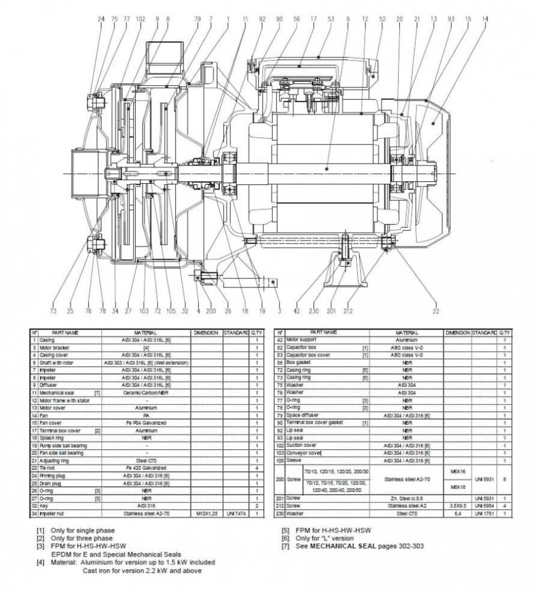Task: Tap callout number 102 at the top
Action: (x=140, y=19)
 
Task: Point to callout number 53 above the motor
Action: (x=331, y=19)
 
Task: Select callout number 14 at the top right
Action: (x=485, y=19)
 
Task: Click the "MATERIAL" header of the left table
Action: (x=145, y=333)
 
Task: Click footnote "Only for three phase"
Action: (x=83, y=538)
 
